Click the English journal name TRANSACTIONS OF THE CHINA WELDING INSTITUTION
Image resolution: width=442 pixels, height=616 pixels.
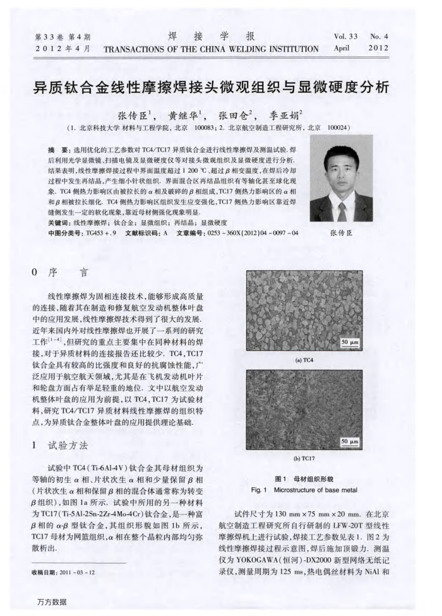(211, 49)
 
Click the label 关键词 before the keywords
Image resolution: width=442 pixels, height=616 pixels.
(60, 223)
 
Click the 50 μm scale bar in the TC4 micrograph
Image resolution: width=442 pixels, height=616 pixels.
(349, 343)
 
